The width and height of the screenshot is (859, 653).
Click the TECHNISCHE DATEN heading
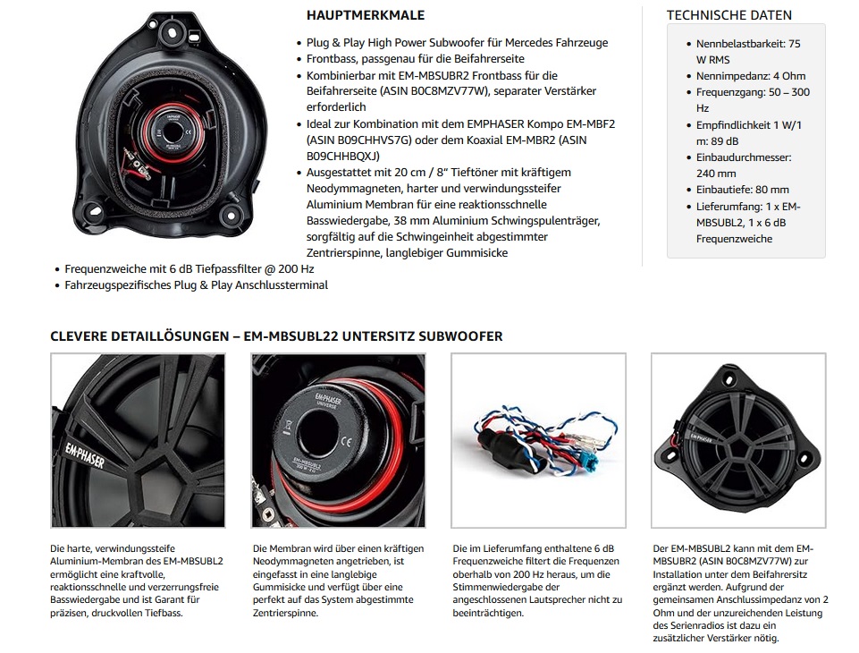[x=728, y=15]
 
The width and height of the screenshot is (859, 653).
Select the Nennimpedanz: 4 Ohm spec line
[x=737, y=76]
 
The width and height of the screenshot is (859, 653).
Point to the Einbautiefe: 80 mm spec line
[x=742, y=190]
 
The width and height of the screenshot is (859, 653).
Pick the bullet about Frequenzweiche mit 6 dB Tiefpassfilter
[x=189, y=268]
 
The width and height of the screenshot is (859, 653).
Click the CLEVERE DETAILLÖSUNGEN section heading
[x=276, y=336]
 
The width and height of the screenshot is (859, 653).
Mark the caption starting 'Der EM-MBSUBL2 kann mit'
[x=740, y=592]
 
